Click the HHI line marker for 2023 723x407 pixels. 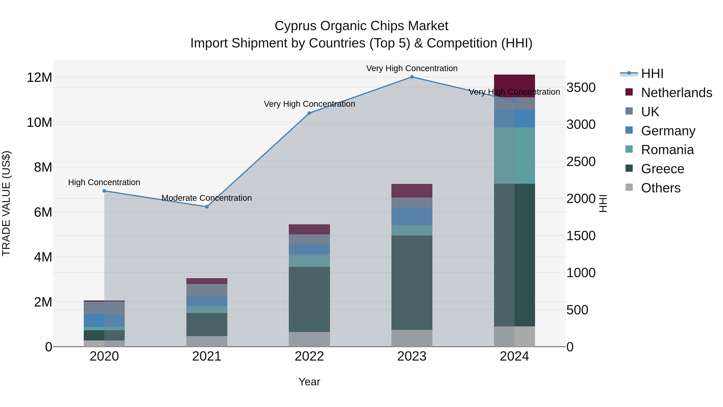click(412, 77)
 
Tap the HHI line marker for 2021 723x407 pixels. click(207, 207)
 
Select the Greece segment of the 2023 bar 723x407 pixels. click(412, 282)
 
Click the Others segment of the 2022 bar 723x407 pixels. click(309, 339)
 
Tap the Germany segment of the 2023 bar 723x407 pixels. click(412, 216)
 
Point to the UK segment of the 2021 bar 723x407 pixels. click(207, 290)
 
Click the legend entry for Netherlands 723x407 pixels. click(676, 93)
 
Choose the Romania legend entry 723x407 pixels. click(667, 150)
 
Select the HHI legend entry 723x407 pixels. click(652, 74)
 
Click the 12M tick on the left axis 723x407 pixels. click(39, 78)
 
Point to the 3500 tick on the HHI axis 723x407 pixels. click(581, 87)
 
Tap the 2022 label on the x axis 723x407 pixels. click(309, 356)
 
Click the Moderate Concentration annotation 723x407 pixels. click(207, 198)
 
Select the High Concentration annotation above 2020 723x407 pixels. click(104, 182)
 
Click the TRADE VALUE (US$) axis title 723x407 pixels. click(6, 203)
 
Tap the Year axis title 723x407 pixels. click(309, 382)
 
